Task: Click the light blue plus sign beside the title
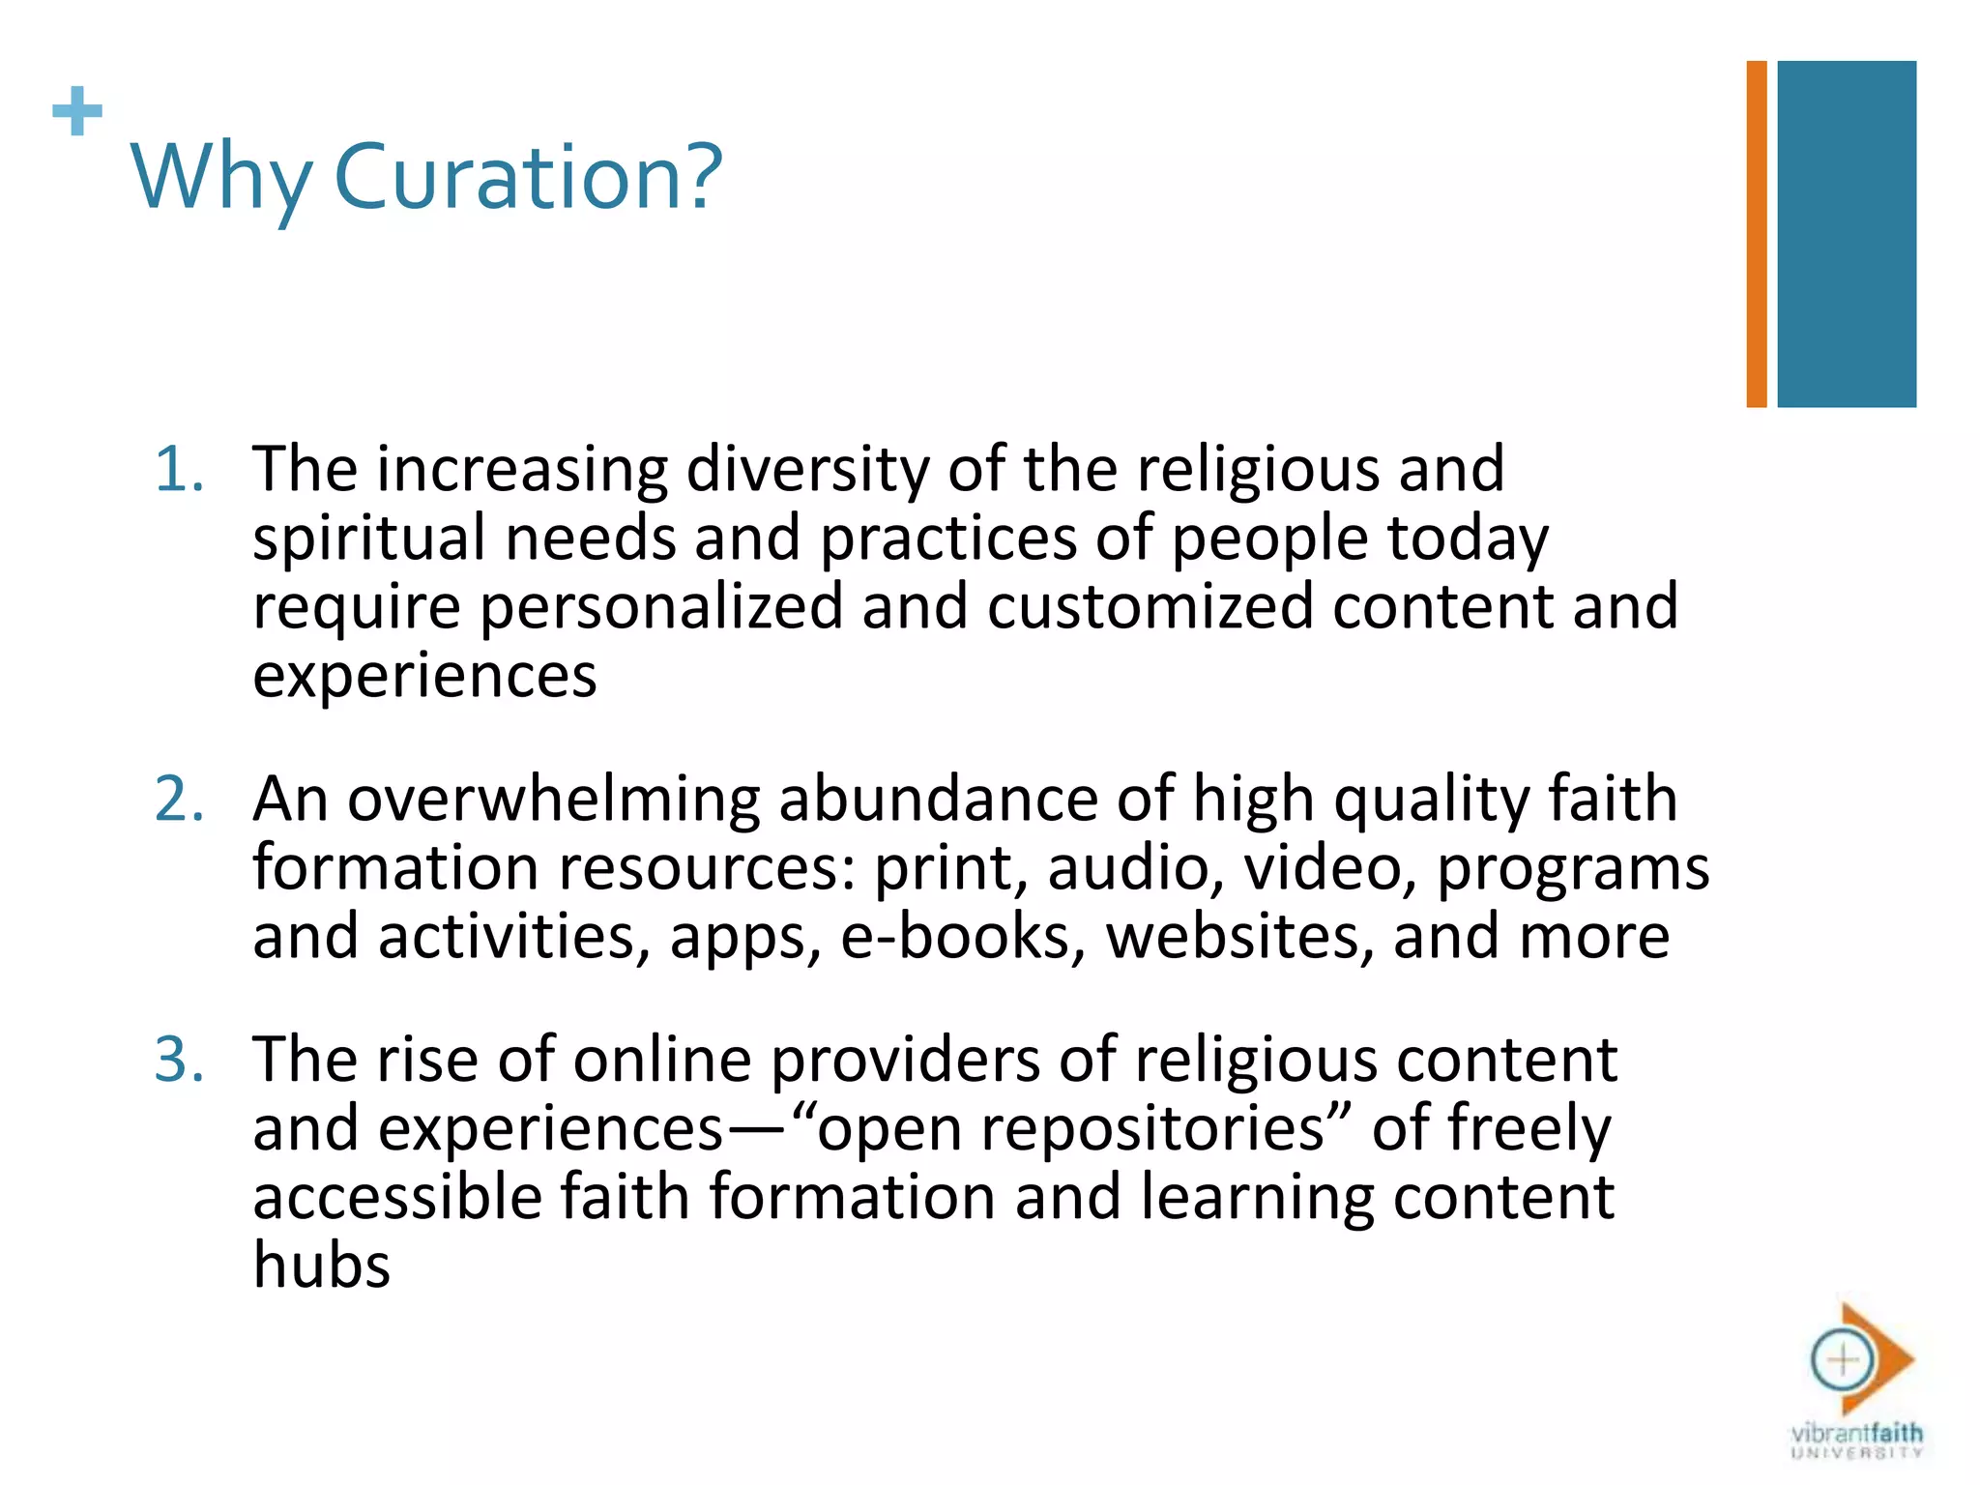pos(77,111)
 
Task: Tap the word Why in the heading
pos(221,179)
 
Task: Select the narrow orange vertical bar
pos(1757,234)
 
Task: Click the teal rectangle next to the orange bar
pos(1847,234)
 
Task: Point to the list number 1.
pos(180,471)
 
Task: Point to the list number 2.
pos(180,801)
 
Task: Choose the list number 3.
pos(180,1061)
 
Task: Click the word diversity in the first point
pos(807,471)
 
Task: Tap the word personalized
pos(661,607)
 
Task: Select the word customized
pos(1150,607)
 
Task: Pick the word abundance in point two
pos(938,801)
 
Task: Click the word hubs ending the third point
pos(322,1266)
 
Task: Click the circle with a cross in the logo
pos(1843,1360)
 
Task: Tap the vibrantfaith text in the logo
pos(1856,1433)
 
